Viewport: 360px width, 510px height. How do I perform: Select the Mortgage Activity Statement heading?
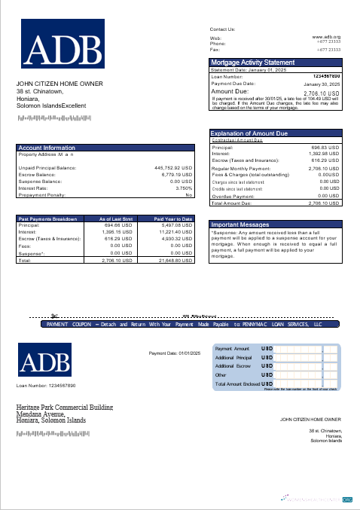click(252, 62)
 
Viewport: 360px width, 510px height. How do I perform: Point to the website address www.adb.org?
click(326, 36)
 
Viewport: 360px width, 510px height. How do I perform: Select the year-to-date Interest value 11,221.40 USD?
click(177, 231)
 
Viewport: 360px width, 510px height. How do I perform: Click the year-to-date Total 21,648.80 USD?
click(176, 260)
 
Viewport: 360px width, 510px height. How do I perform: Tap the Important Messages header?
click(240, 224)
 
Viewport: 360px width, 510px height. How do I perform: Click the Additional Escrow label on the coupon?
click(233, 365)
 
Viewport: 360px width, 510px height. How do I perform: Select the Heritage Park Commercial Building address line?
click(64, 408)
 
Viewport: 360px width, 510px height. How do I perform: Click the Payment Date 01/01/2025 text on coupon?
click(172, 353)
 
